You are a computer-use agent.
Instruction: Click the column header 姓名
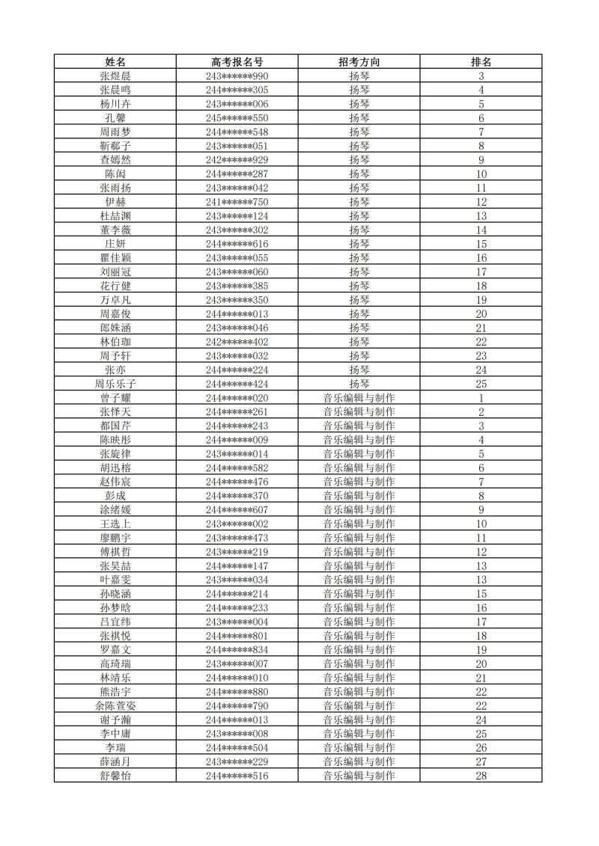115,62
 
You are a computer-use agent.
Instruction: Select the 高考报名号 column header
237,62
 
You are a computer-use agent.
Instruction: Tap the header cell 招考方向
359,62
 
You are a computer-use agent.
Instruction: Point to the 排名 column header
481,62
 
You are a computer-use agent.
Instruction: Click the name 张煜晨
115,76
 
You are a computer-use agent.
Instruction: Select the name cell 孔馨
115,118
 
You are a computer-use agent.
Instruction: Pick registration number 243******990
237,76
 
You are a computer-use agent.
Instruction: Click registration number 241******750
237,202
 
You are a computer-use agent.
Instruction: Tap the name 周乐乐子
115,384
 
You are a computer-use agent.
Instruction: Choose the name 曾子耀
115,398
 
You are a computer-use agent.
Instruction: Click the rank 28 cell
481,776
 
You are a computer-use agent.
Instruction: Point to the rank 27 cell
481,761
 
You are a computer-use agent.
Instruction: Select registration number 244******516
237,776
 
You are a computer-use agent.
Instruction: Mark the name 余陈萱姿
115,705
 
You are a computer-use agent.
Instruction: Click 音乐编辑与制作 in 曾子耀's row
359,398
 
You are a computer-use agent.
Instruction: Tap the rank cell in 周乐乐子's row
481,384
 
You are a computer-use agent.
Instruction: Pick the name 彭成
115,496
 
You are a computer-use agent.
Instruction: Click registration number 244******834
237,650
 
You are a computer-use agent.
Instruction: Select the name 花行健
115,286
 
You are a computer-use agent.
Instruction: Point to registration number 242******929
237,160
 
